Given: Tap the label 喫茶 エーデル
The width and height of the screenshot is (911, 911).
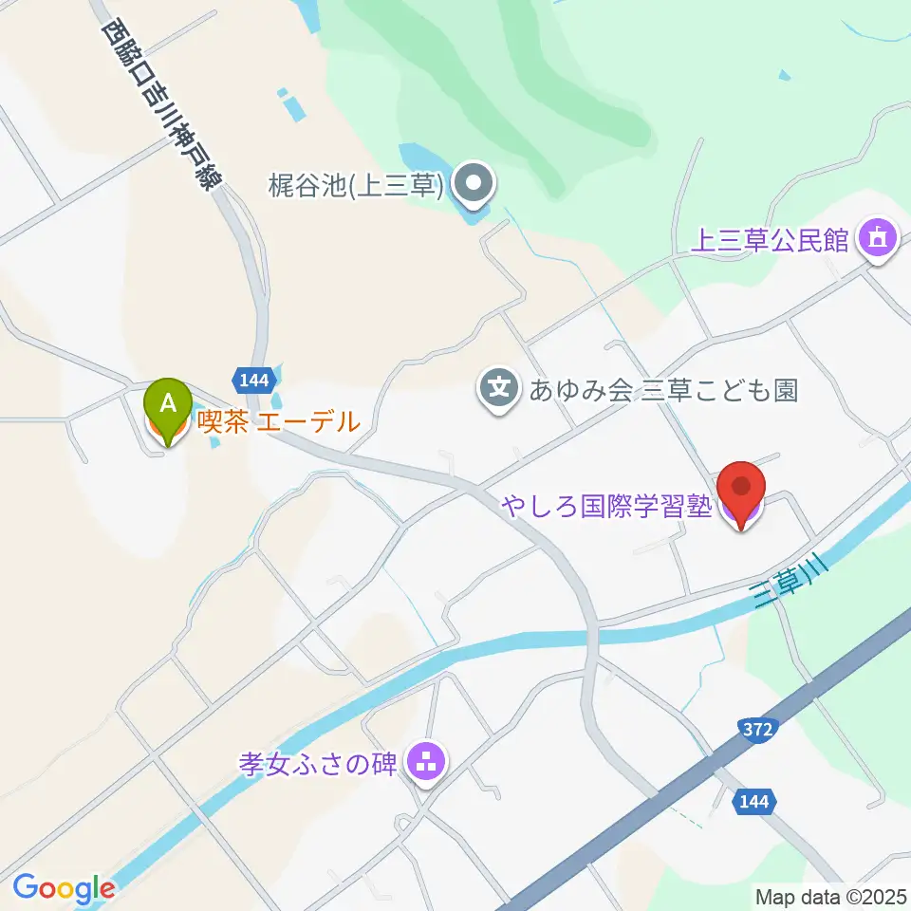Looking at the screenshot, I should pyautogui.click(x=278, y=421).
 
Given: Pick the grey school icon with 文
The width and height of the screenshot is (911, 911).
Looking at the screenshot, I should pyautogui.click(x=499, y=389).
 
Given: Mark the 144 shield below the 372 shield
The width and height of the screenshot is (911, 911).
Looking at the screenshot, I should pyautogui.click(x=753, y=802).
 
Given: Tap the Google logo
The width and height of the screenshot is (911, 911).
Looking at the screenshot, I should pyautogui.click(x=64, y=888).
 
